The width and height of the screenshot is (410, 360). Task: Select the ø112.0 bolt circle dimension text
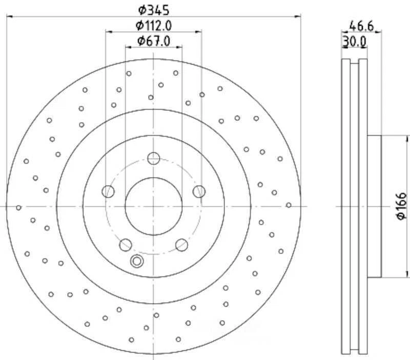pyautogui.click(x=153, y=25)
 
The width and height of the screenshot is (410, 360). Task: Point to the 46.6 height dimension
pyautogui.click(x=361, y=25)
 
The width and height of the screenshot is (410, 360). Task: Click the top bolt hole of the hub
pyautogui.click(x=154, y=158)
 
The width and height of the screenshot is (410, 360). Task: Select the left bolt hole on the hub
pyautogui.click(x=108, y=192)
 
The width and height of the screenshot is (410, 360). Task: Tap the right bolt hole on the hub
pyautogui.click(x=199, y=192)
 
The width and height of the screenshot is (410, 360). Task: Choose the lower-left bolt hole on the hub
pyautogui.click(x=126, y=245)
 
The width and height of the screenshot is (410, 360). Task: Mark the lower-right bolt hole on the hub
pyautogui.click(x=181, y=245)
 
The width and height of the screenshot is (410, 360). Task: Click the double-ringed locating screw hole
pyautogui.click(x=137, y=262)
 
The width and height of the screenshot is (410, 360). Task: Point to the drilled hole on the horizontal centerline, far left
pyautogui.click(x=19, y=207)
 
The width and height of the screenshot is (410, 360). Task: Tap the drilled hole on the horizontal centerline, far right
pyautogui.click(x=289, y=205)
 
